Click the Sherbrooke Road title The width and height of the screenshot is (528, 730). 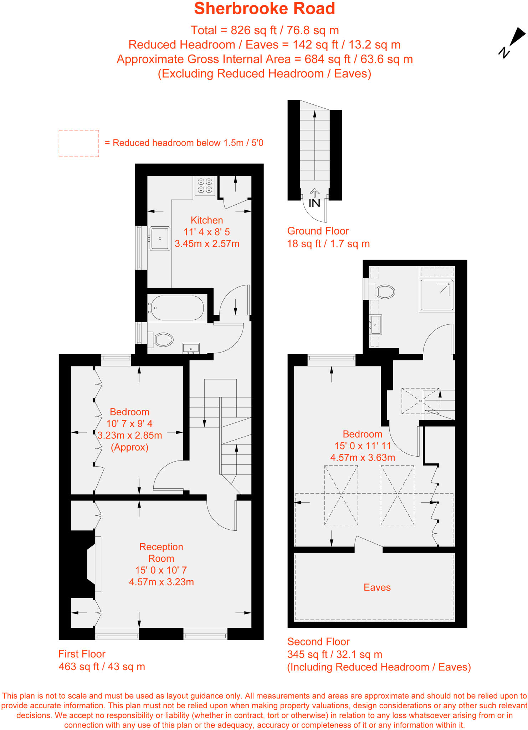(264, 9)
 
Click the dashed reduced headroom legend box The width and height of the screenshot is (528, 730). (79, 143)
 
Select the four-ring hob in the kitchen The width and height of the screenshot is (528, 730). (205, 186)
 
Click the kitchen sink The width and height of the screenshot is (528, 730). (160, 238)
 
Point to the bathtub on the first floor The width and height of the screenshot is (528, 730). (177, 308)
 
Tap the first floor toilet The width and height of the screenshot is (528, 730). (162, 340)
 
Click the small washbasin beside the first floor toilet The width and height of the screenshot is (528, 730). (191, 348)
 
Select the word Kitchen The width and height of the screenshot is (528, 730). (207, 220)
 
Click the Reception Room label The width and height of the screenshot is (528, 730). (161, 552)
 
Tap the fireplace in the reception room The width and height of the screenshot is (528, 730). (92, 564)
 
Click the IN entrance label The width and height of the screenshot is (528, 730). (314, 203)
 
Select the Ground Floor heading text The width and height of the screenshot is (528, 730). (318, 231)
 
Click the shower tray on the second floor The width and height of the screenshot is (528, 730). (437, 295)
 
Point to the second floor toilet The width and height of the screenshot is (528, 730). (383, 292)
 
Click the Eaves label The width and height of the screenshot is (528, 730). (377, 587)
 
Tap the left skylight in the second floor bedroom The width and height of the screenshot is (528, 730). (341, 495)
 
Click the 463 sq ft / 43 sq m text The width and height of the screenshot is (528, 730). (102, 667)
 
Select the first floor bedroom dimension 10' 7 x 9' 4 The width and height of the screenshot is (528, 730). (129, 423)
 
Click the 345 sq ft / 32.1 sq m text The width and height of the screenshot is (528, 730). (334, 654)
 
